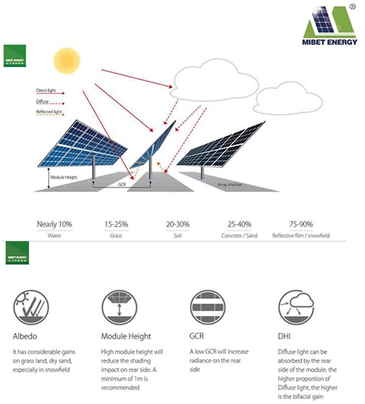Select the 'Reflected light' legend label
[x=49, y=112]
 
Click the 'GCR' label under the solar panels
[x=122, y=182]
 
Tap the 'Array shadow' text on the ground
[x=231, y=184]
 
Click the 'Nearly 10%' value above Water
[x=54, y=224]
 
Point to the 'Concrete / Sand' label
[x=240, y=235]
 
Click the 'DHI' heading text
[x=284, y=336]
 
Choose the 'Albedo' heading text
[x=24, y=336]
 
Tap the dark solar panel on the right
[x=225, y=146]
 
